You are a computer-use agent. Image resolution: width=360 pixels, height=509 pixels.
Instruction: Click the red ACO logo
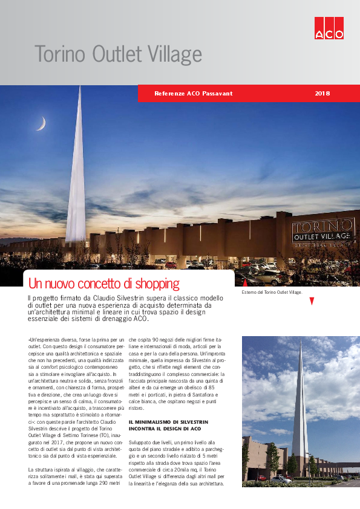coord(329,28)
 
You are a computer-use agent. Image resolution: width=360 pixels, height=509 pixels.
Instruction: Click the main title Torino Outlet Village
coord(118,54)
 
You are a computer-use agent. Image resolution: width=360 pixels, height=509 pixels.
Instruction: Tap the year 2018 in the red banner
coord(322,94)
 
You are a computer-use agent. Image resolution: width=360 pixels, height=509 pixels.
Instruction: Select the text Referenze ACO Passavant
coord(193,94)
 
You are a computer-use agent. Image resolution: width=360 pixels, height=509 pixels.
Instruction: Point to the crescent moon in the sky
coord(41,124)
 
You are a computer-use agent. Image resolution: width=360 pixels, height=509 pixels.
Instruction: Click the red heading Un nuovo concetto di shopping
coord(103,283)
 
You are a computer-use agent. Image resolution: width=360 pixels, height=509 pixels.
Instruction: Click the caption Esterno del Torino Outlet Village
coord(272,292)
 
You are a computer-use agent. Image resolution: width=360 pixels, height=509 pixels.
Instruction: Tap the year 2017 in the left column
coord(56,442)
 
